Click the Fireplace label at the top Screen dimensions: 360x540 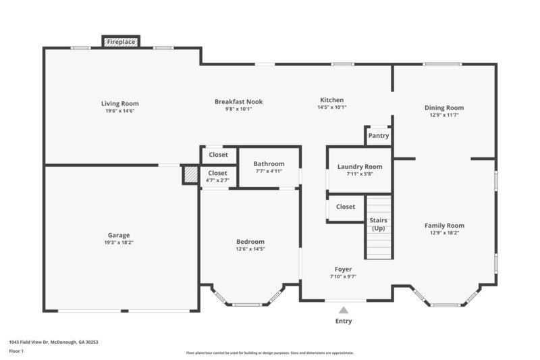(122, 42)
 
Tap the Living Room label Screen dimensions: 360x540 (120, 103)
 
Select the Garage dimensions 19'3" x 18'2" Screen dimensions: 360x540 (119, 242)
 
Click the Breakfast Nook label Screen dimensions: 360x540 (238, 101)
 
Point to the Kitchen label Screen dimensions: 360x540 (331, 99)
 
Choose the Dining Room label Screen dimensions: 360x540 (443, 107)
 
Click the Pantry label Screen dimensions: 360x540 (379, 136)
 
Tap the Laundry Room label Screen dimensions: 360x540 (359, 167)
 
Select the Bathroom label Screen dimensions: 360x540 (269, 163)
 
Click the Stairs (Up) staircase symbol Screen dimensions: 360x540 (379, 227)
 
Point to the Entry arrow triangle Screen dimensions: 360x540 (344, 310)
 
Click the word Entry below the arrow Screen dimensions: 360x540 (344, 321)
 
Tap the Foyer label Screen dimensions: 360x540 (343, 269)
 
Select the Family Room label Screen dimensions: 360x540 (444, 226)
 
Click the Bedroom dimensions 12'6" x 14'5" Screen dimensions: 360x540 (250, 249)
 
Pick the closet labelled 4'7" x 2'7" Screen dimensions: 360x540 (217, 176)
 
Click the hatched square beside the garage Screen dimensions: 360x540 (191, 175)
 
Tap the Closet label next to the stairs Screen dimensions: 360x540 (346, 207)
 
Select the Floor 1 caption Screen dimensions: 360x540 (16, 351)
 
